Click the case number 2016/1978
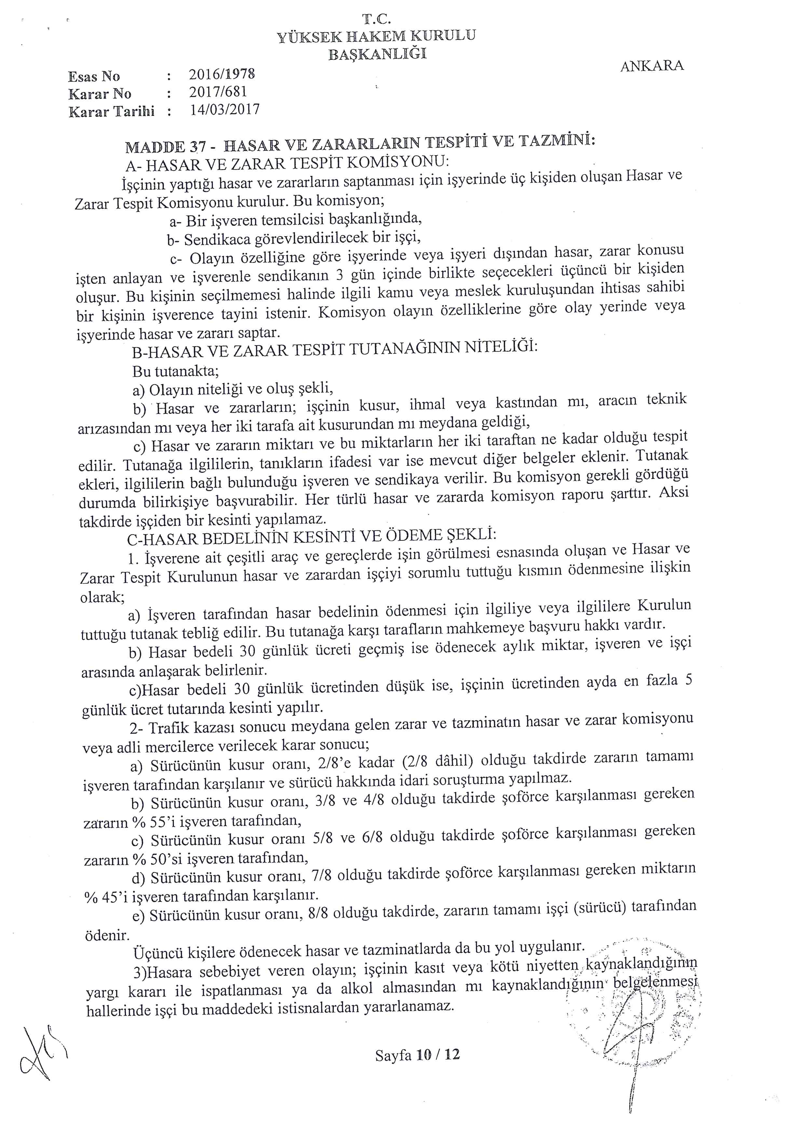coord(222,75)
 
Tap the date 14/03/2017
coord(225,109)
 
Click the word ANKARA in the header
coord(652,66)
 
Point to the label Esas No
coord(94,76)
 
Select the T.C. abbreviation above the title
coord(378,20)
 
